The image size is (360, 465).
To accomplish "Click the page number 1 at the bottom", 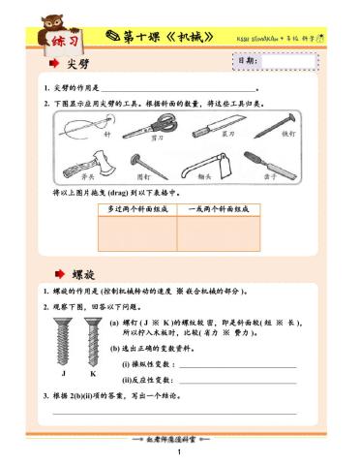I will click(x=180, y=453).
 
